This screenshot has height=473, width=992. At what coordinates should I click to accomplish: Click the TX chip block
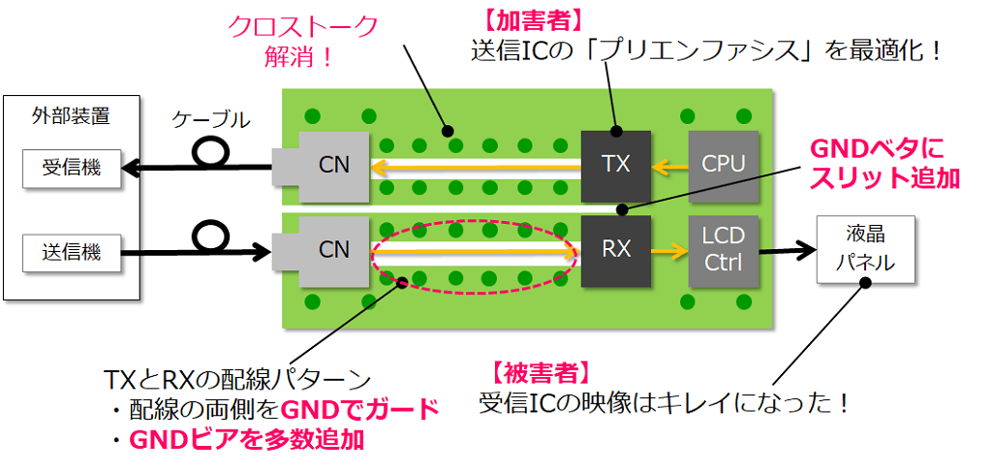click(615, 165)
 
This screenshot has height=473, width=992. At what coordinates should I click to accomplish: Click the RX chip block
click(615, 250)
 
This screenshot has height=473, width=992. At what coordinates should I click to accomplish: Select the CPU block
click(723, 165)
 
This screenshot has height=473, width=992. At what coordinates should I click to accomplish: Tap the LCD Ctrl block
click(723, 250)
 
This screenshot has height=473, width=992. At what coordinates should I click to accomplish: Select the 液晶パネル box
click(864, 250)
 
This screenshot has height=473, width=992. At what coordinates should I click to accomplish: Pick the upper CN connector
click(333, 166)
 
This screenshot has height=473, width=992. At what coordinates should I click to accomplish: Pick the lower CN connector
click(333, 250)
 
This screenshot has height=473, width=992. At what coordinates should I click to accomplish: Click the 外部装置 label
click(65, 116)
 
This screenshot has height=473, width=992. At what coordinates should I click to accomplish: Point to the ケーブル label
click(211, 120)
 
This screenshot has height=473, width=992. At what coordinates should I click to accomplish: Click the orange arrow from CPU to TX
click(668, 166)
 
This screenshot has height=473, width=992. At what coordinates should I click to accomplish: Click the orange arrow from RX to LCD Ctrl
click(668, 250)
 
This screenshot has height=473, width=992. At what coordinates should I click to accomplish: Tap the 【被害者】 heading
click(536, 371)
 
